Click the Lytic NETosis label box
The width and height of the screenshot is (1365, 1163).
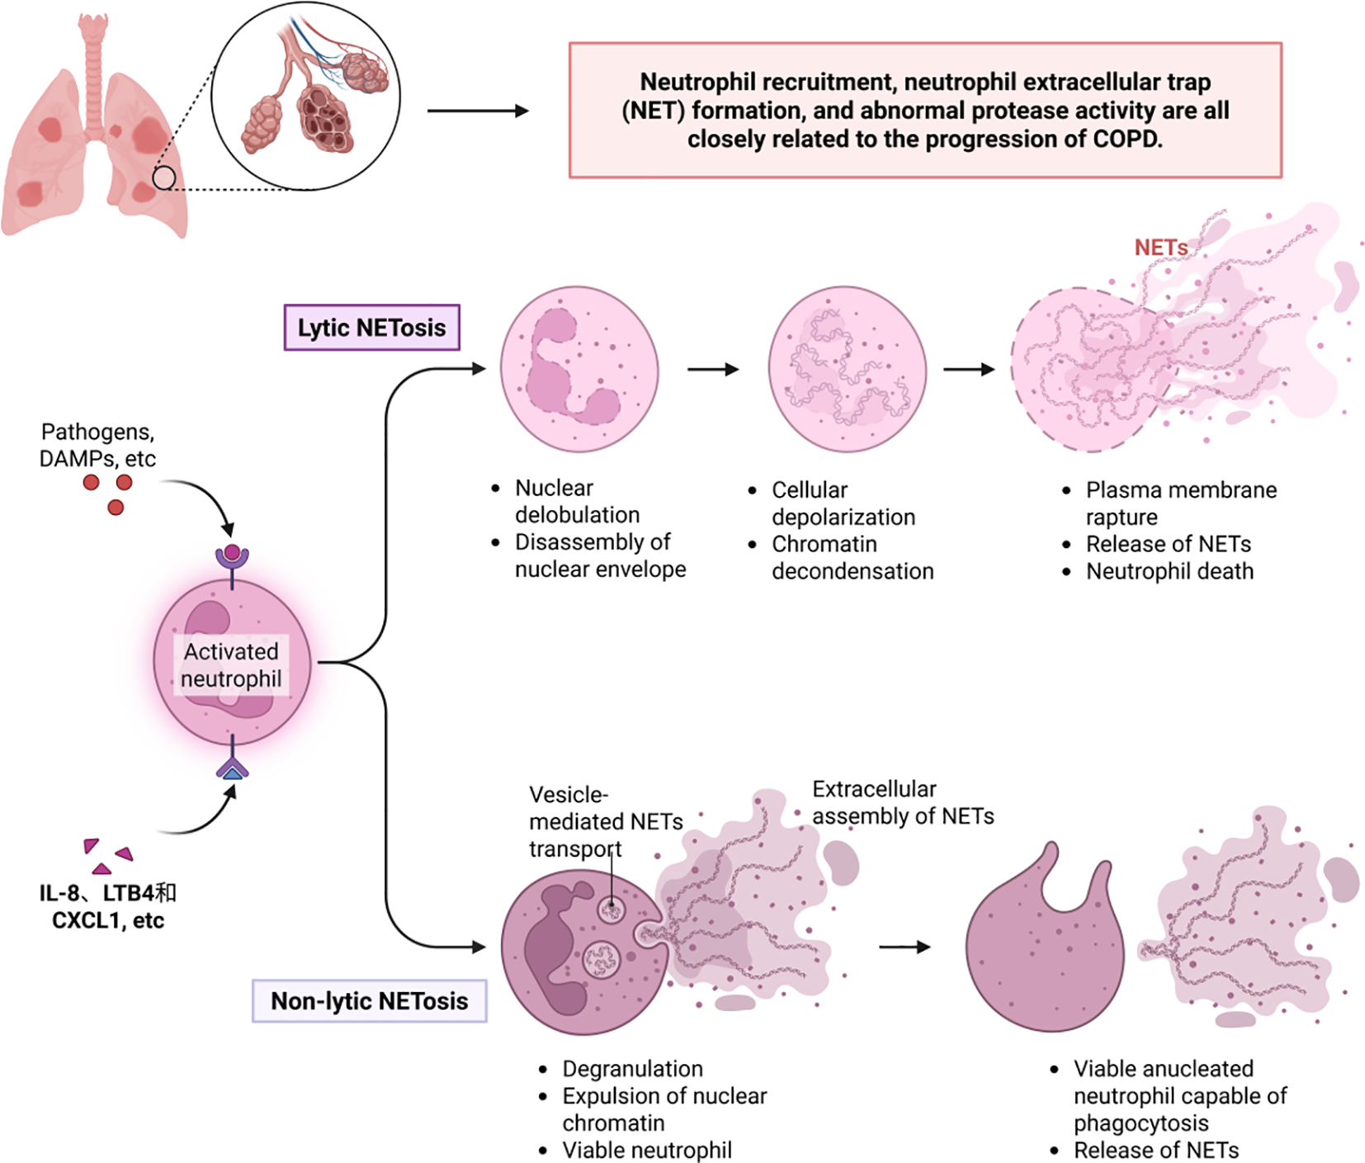[x=371, y=328]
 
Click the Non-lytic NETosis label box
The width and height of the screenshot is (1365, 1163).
[x=369, y=1001]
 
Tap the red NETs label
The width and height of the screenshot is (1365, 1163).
[x=1160, y=248]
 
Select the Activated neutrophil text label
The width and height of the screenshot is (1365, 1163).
[x=231, y=664]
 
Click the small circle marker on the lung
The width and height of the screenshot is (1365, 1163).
[x=164, y=177]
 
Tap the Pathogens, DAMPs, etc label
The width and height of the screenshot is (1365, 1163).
[x=97, y=445]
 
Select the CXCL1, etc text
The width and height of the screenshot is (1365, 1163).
[x=108, y=920]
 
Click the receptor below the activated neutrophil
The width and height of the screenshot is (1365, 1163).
[x=232, y=768]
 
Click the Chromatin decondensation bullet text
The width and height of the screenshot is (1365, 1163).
[x=852, y=557]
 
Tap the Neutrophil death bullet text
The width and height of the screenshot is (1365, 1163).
[x=1169, y=571]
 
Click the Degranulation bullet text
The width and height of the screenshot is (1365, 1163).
[x=632, y=1069]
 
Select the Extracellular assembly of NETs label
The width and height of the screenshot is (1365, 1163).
[x=902, y=802]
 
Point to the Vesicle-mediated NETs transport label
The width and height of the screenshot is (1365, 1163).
[x=605, y=821]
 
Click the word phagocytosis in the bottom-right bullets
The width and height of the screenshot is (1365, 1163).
[x=1141, y=1123]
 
